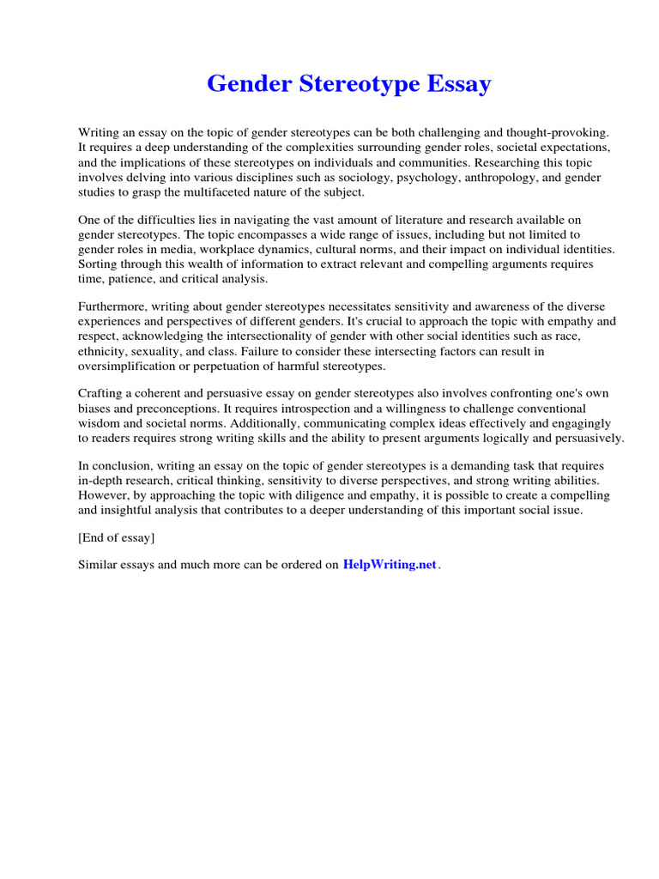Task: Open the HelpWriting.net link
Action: coord(390,565)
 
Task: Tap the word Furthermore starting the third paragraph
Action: coord(112,306)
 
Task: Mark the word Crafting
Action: coord(102,394)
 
